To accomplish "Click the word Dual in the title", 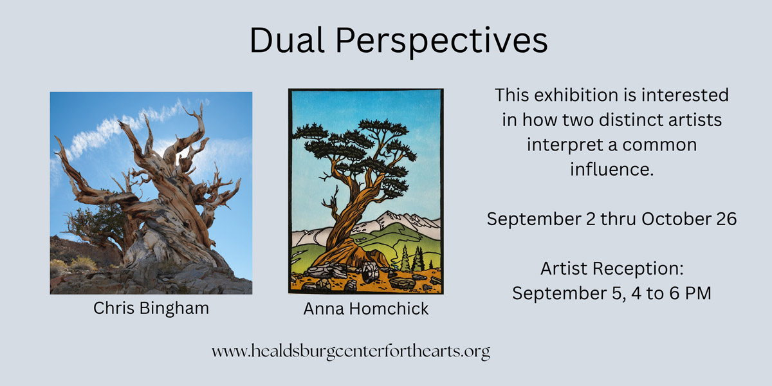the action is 287,40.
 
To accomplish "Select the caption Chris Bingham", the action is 151,308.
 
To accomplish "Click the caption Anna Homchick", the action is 365,308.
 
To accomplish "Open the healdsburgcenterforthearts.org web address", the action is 351,351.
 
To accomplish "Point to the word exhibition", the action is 577,95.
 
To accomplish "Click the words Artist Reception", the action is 612,268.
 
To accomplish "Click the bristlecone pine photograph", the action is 151,193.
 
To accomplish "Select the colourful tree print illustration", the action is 366,191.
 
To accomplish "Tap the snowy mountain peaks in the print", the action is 396,224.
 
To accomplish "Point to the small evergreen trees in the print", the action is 416,259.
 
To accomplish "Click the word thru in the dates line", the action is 618,219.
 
